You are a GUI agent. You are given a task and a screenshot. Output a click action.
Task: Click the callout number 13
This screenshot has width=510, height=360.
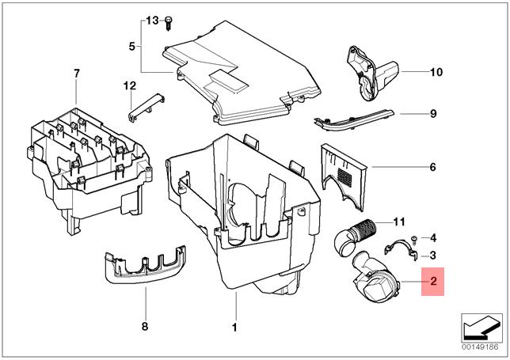tap(152, 21)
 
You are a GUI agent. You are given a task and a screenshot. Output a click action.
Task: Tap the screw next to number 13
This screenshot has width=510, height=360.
tap(169, 23)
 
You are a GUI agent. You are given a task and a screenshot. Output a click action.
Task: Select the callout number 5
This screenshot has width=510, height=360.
tap(131, 47)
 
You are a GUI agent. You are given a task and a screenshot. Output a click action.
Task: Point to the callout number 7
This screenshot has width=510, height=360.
tap(77, 74)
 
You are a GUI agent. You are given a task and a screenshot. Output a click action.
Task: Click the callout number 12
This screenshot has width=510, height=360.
tap(130, 86)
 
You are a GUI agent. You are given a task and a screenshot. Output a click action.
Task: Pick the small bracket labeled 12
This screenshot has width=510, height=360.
tap(146, 108)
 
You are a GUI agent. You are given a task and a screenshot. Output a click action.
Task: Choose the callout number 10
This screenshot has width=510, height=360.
tap(436, 72)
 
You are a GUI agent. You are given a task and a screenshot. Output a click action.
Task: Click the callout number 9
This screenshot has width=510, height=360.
tap(433, 114)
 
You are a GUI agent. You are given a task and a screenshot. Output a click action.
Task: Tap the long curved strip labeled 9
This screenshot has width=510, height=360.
tap(353, 120)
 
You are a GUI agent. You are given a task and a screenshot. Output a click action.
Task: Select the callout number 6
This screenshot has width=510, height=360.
tap(432, 167)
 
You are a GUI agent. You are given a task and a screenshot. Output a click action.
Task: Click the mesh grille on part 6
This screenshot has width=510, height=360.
tap(344, 176)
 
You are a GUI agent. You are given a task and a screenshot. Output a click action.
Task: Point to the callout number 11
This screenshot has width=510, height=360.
tap(399, 222)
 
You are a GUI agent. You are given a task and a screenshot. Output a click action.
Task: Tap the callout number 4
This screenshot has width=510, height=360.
tap(433, 238)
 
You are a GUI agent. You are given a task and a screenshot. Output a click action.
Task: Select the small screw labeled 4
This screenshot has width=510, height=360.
tap(414, 240)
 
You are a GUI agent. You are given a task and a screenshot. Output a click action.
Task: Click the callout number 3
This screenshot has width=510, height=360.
tap(432, 256)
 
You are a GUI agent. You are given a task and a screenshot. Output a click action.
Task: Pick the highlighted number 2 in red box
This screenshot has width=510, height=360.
tap(433, 281)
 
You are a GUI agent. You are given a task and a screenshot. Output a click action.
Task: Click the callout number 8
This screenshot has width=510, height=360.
tap(145, 326)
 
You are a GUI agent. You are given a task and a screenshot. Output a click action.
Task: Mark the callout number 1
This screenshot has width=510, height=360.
tap(234, 328)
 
